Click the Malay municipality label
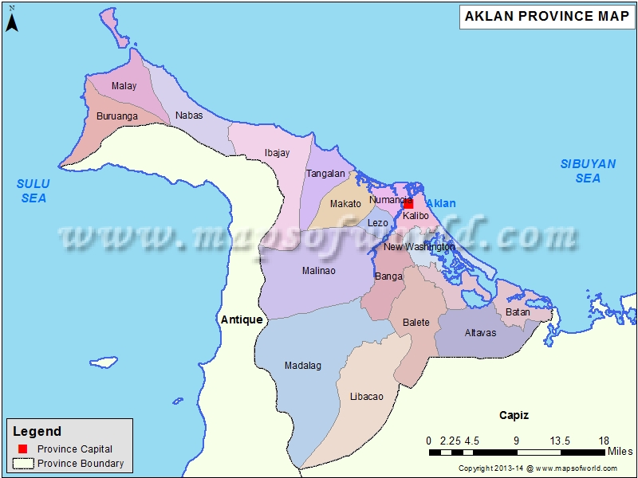click(x=124, y=86)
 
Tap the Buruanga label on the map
click(x=116, y=116)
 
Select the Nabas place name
click(x=189, y=116)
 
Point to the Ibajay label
click(x=277, y=153)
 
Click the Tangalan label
click(x=325, y=174)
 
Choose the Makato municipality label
click(x=345, y=204)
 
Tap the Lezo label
click(x=377, y=223)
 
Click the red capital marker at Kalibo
click(x=408, y=204)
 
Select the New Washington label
click(x=419, y=247)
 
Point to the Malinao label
click(x=318, y=271)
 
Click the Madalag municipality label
click(x=302, y=366)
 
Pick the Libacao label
click(x=366, y=396)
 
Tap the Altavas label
click(x=480, y=332)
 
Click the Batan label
click(x=518, y=312)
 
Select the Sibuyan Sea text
click(x=588, y=170)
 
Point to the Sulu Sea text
click(x=33, y=190)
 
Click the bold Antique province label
click(x=241, y=319)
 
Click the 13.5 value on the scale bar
click(x=559, y=441)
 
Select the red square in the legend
click(x=22, y=449)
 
